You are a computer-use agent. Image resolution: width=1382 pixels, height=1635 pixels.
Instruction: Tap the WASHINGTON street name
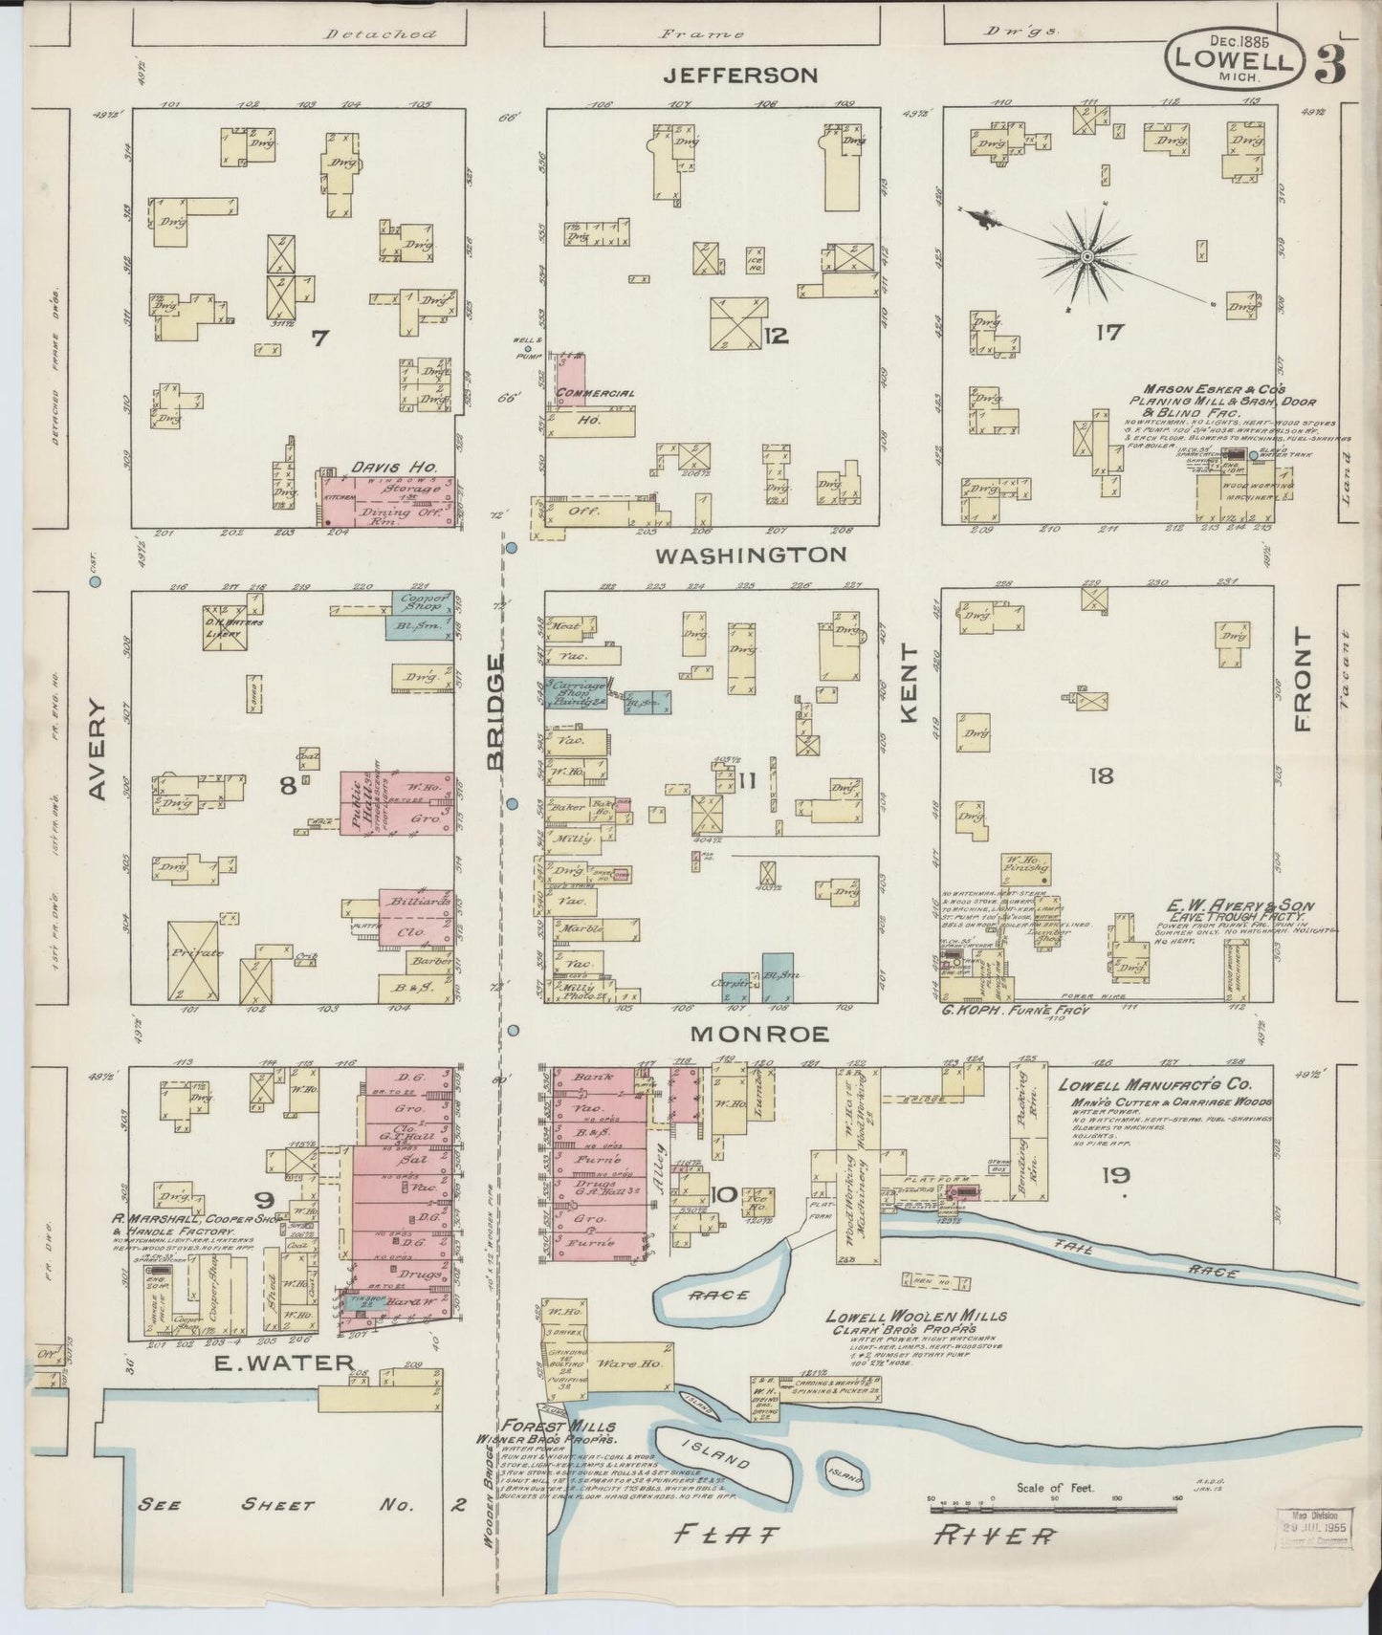[752, 555]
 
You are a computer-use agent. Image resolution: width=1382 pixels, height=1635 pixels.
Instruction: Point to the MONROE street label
[759, 1035]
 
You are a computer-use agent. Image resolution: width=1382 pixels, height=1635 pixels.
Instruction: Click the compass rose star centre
[1087, 257]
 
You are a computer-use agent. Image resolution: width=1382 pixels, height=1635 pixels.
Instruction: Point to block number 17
[1109, 333]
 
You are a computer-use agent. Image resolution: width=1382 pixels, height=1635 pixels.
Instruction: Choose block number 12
[776, 335]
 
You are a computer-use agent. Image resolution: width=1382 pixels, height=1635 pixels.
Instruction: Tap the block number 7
[319, 337]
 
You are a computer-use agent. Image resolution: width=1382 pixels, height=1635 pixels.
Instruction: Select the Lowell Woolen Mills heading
[915, 1318]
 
